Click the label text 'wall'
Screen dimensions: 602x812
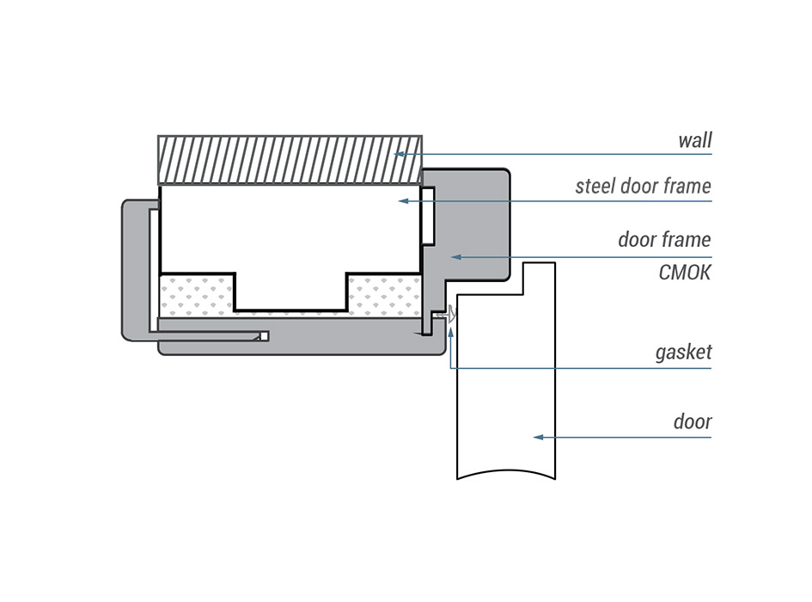click(x=694, y=140)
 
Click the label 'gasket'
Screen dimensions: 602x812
click(x=683, y=353)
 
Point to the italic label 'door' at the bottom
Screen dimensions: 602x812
click(x=692, y=421)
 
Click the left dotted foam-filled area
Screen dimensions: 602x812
click(x=196, y=294)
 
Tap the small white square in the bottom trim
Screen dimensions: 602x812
click(x=265, y=335)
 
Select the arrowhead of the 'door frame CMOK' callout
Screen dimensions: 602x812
click(x=456, y=255)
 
